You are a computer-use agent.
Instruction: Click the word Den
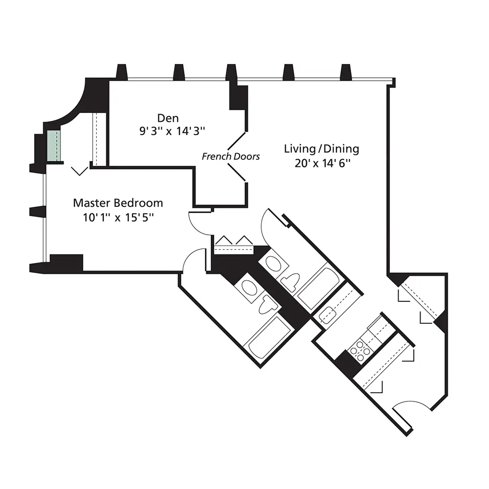click(168, 118)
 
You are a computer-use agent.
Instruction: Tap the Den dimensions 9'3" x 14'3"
click(172, 131)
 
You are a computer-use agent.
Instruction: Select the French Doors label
click(231, 156)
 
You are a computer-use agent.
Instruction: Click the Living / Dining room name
click(322, 149)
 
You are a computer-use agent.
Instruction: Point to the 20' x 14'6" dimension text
click(322, 163)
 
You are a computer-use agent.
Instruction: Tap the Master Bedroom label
click(118, 203)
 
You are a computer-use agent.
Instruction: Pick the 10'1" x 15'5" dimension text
click(118, 217)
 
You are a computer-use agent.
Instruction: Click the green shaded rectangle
click(54, 146)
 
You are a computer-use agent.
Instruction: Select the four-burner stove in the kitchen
click(360, 352)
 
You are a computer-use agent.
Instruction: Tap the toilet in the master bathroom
click(268, 304)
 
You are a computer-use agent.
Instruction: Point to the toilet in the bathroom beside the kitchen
click(290, 282)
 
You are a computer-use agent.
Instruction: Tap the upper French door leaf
click(237, 141)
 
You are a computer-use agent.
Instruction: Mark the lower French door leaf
click(237, 172)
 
